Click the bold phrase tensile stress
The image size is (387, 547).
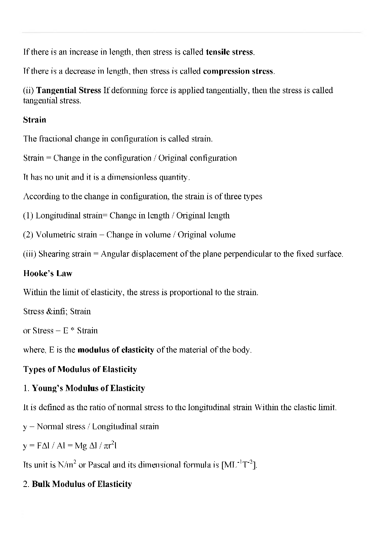pyautogui.click(x=230, y=52)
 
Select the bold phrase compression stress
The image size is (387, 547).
pyautogui.click(x=238, y=71)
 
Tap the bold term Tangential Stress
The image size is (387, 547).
pyautogui.click(x=69, y=90)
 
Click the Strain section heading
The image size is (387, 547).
pyautogui.click(x=35, y=120)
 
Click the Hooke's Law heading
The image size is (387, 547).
pyautogui.click(x=48, y=273)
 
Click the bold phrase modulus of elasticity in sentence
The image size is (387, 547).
pyautogui.click(x=116, y=350)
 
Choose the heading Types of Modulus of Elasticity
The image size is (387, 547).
pyautogui.click(x=80, y=369)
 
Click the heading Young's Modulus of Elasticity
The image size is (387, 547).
pyautogui.click(x=88, y=388)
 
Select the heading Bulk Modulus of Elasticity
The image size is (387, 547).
pyautogui.click(x=82, y=484)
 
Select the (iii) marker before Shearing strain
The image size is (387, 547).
pyautogui.click(x=30, y=254)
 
